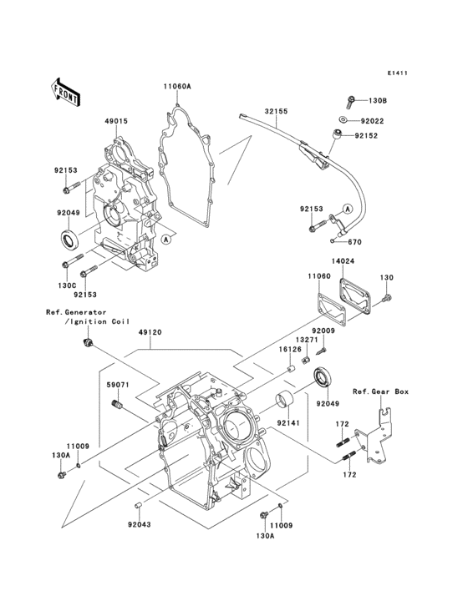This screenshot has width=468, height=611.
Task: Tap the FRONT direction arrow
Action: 66,91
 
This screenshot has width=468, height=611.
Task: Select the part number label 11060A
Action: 176,86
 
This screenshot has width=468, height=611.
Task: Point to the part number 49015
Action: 116,121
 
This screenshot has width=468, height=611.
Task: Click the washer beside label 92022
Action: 344,119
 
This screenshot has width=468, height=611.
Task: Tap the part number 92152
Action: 366,134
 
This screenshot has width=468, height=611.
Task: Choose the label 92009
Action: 324,331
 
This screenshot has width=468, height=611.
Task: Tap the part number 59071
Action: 116,386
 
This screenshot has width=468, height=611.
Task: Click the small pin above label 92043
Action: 139,506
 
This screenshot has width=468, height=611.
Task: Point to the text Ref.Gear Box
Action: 379,391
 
